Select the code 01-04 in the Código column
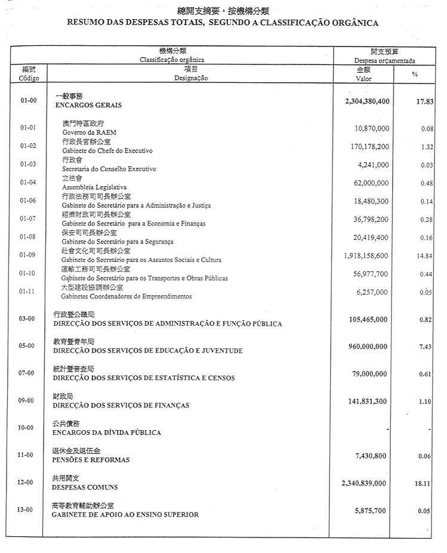click(28, 183)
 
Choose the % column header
click(415, 74)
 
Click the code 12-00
click(26, 482)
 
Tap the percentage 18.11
click(423, 484)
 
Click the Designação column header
click(191, 78)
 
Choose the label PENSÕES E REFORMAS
click(91, 460)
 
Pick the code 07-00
click(26, 373)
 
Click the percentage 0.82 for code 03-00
click(426, 320)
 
